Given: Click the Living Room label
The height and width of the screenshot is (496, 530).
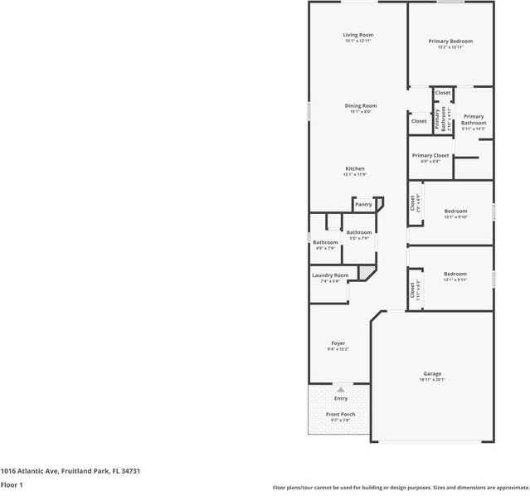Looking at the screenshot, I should click(x=358, y=35).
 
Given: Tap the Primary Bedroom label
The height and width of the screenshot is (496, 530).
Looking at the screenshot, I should click(x=450, y=41).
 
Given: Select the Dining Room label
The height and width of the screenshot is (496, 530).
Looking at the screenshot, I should click(x=361, y=105).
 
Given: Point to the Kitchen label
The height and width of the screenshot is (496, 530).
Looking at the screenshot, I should click(x=355, y=168).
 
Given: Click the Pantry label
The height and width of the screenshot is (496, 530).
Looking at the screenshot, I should click(x=363, y=204).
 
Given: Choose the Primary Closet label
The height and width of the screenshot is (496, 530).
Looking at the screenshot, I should click(x=430, y=155).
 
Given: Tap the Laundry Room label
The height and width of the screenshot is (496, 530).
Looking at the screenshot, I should click(x=330, y=275).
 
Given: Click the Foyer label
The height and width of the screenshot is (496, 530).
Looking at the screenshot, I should click(x=338, y=343).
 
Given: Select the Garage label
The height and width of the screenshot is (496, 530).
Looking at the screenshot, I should click(x=432, y=373).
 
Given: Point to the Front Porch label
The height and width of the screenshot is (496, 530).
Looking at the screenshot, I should click(x=340, y=414).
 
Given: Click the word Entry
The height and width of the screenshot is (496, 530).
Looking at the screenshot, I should click(x=341, y=398).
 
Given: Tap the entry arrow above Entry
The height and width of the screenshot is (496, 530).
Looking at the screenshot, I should click(x=340, y=388).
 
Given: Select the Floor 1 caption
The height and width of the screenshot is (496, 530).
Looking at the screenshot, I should click(x=12, y=484).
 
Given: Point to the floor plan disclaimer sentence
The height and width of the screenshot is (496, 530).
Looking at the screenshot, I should click(x=401, y=488).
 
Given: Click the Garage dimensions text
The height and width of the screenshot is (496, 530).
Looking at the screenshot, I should click(x=432, y=380).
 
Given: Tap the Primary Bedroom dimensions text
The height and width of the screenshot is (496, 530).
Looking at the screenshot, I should click(x=450, y=47).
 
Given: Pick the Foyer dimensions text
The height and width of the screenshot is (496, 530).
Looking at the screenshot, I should click(x=338, y=349).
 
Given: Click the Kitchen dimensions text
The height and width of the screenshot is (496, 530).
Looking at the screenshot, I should click(x=355, y=174).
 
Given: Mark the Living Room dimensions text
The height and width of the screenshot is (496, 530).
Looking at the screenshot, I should click(x=358, y=41).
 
